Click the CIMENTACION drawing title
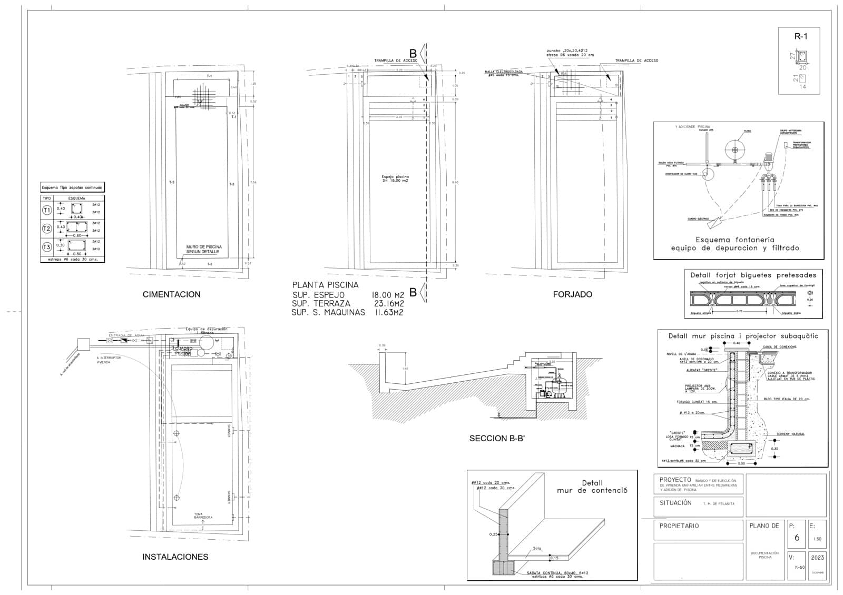171,294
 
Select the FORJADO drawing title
572,294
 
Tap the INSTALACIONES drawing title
175,557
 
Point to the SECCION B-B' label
497,438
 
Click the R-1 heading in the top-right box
800,36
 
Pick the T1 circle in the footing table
47,210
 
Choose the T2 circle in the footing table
47,228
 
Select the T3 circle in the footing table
47,246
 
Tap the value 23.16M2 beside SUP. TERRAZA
387,304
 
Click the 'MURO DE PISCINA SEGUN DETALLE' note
203,249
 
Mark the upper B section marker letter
413,53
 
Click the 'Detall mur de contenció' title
592,487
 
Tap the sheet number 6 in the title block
797,538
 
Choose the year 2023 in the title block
817,557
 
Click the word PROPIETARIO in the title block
679,525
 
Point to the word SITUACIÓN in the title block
675,503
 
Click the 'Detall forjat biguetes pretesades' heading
753,275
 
